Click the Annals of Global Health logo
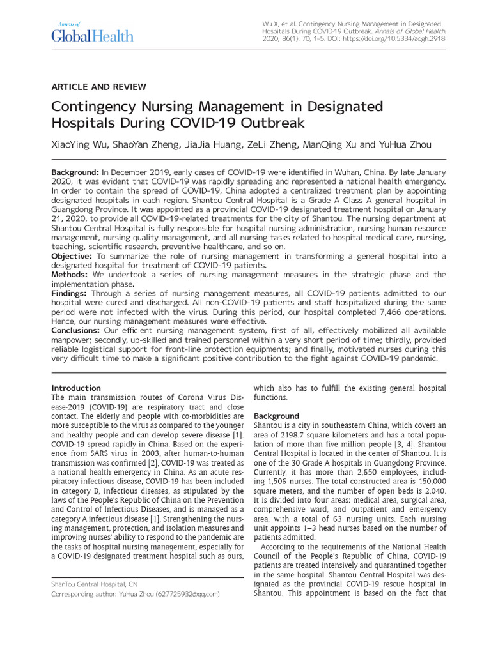(92, 32)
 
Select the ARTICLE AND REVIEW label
(98, 87)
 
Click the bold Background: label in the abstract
(75, 173)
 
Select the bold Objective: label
(72, 256)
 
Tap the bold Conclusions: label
(75, 331)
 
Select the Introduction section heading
(76, 388)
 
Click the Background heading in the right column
(276, 416)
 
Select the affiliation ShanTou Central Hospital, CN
(94, 584)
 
